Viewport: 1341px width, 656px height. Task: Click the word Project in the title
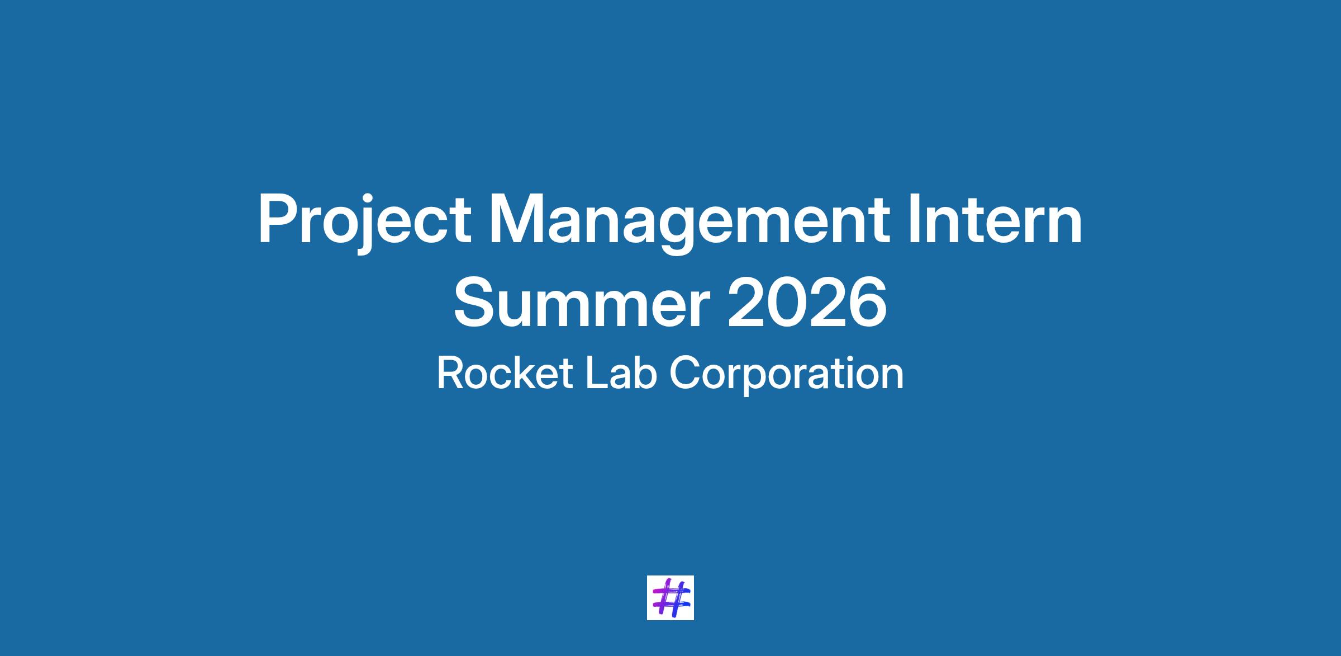click(x=364, y=222)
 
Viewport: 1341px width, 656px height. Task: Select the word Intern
click(x=995, y=219)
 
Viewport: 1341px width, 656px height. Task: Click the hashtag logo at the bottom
click(x=670, y=598)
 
